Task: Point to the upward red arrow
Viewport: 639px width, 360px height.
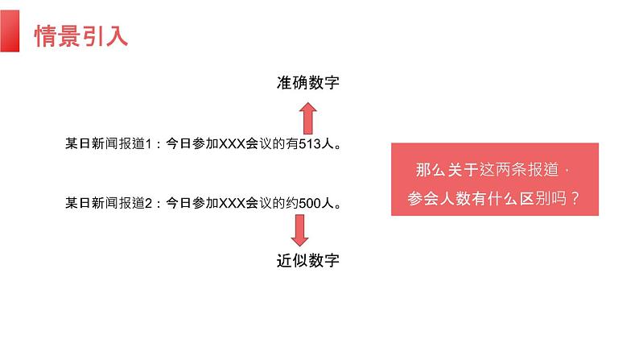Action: pos(307,118)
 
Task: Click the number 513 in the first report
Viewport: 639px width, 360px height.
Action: pos(309,145)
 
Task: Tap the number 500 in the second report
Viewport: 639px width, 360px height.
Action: pos(311,204)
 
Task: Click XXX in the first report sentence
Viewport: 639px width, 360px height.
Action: pos(234,145)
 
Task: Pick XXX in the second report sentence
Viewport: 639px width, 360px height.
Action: pos(234,204)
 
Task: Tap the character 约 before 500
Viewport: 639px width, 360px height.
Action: pos(292,204)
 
